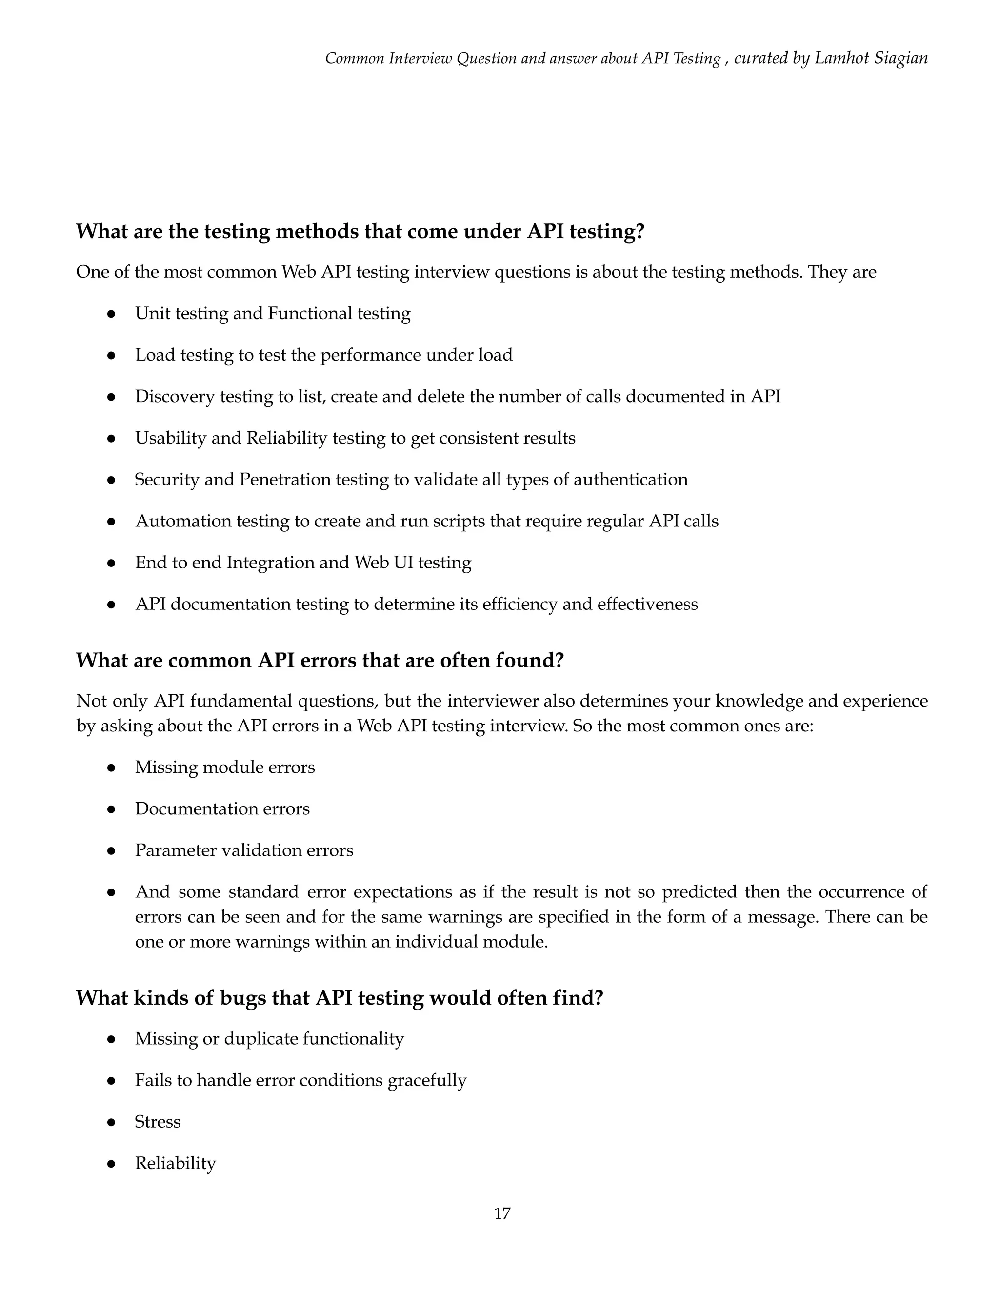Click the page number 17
pyautogui.click(x=502, y=1213)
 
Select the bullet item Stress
pyautogui.click(x=158, y=1122)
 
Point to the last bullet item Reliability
pyautogui.click(x=175, y=1163)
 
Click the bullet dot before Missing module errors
pyautogui.click(x=111, y=768)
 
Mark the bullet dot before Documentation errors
pyautogui.click(x=111, y=809)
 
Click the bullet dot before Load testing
pyautogui.click(x=111, y=355)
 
